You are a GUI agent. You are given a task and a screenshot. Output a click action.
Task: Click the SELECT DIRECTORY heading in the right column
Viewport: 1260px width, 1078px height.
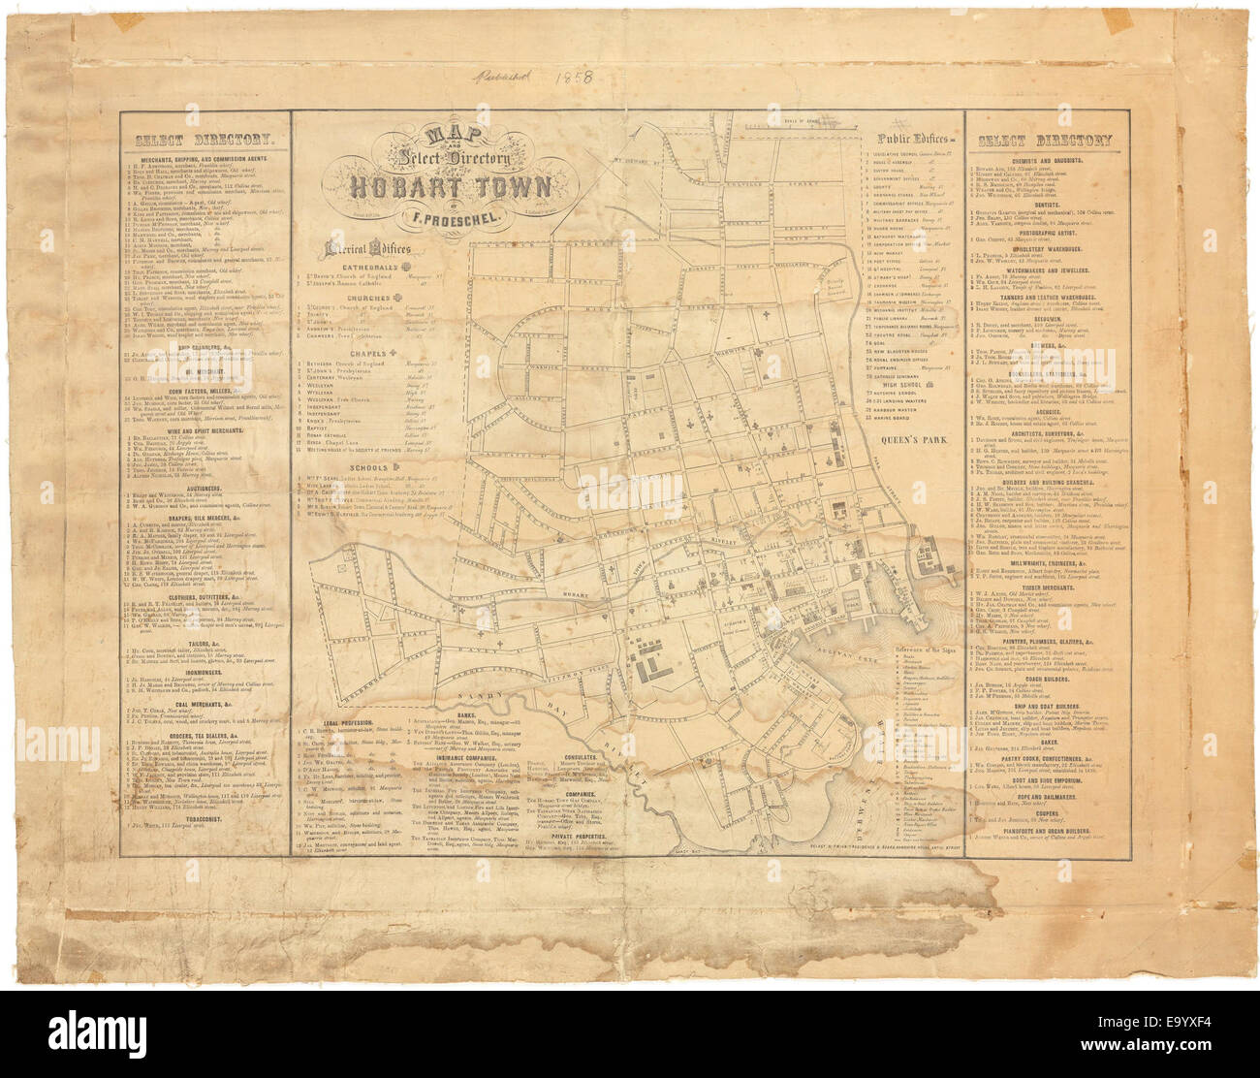tap(1044, 141)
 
